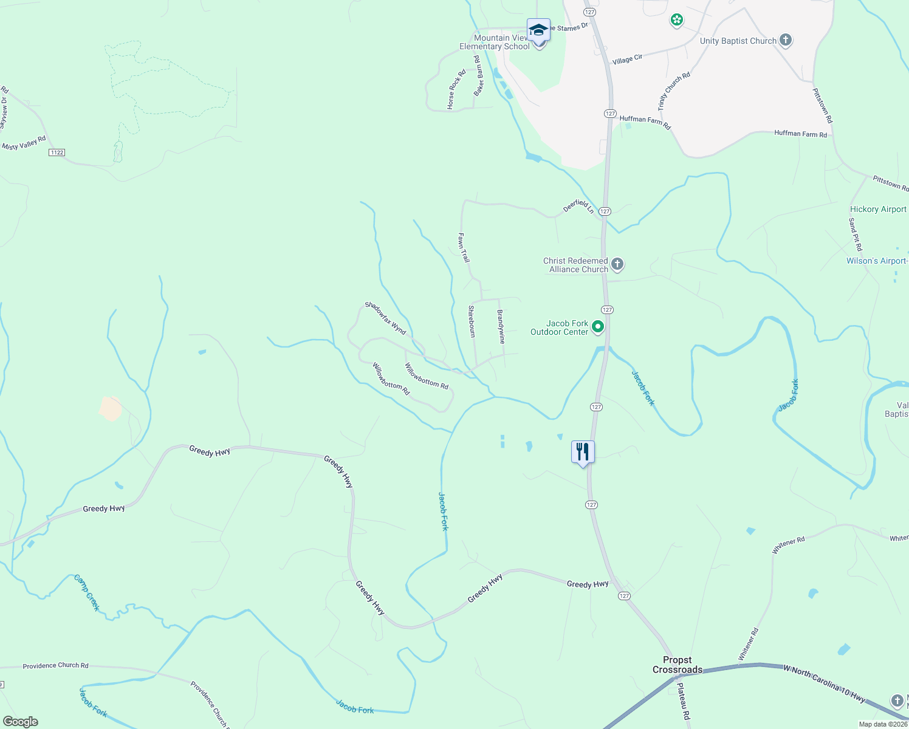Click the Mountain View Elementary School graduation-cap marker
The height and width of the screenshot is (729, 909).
(538, 30)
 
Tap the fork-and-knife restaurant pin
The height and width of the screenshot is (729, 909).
(583, 452)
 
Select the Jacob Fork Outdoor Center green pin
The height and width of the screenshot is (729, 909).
(598, 327)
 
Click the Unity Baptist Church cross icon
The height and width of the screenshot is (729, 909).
(786, 41)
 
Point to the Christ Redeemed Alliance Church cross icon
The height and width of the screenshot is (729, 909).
(617, 264)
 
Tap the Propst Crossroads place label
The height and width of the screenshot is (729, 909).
(677, 665)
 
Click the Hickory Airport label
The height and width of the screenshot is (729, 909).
(878, 209)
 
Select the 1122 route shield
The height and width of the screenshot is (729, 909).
(57, 152)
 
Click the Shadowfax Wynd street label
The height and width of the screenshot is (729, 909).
(385, 318)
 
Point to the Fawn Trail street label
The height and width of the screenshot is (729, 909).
(464, 248)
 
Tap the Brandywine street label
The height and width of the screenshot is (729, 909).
(501, 327)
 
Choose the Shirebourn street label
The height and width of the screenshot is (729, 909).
(472, 321)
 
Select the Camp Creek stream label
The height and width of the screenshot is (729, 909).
(87, 592)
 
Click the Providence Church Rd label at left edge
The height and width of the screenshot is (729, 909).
(55, 666)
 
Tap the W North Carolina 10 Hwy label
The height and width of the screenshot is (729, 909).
(824, 684)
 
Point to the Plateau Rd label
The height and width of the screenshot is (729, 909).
(684, 702)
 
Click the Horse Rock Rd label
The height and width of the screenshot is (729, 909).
(456, 90)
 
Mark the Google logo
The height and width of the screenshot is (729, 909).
(21, 722)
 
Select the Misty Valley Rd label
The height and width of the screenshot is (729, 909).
(24, 143)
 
